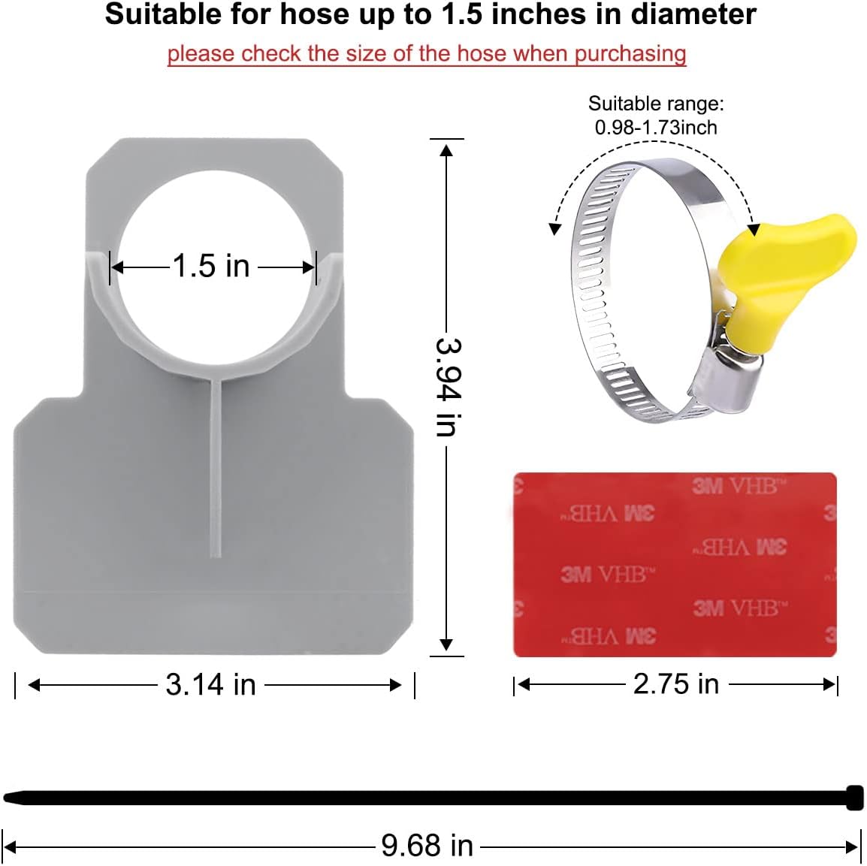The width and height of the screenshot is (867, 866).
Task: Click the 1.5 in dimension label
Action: click(211, 266)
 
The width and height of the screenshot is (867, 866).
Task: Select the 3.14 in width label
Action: click(210, 684)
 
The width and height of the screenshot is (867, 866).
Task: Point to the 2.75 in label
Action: click(675, 683)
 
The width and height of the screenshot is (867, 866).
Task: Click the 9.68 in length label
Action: click(427, 846)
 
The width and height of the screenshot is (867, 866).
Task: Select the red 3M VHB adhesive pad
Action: click(674, 564)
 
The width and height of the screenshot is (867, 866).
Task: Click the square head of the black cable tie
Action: click(854, 798)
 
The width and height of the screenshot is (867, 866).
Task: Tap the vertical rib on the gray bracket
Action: click(216, 466)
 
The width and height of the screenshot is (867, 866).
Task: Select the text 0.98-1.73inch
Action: click(655, 128)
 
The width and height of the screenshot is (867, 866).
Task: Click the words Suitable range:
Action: click(655, 104)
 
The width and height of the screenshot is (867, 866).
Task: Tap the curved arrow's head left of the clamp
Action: click(555, 228)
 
